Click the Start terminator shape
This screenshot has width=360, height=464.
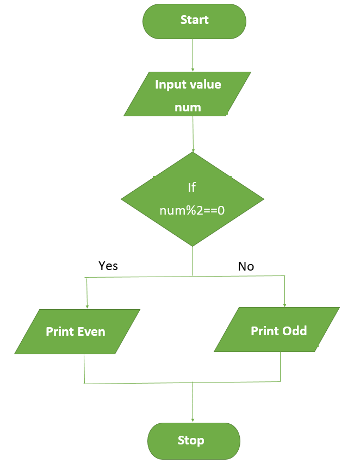(194, 21)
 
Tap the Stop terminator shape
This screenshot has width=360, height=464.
(194, 441)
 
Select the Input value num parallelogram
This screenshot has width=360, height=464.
(187, 94)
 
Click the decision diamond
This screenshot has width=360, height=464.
(193, 199)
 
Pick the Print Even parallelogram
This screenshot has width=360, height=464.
(77, 331)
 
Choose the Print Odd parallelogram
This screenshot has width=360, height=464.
(277, 329)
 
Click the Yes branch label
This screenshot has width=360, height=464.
(108, 266)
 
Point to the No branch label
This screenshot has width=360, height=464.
(246, 266)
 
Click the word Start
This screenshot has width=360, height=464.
(194, 20)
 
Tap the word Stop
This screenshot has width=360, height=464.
(191, 440)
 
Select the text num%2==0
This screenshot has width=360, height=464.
(192, 210)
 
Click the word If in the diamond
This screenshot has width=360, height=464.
(192, 187)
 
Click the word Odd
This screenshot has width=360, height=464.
(295, 331)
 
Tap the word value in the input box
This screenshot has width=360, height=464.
(204, 84)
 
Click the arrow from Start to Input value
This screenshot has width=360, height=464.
(193, 55)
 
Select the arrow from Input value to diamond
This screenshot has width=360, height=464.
(193, 134)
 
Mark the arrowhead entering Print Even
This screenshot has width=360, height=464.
(87, 307)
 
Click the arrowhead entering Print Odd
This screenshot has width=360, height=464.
(285, 305)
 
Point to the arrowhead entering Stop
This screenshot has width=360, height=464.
(193, 420)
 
